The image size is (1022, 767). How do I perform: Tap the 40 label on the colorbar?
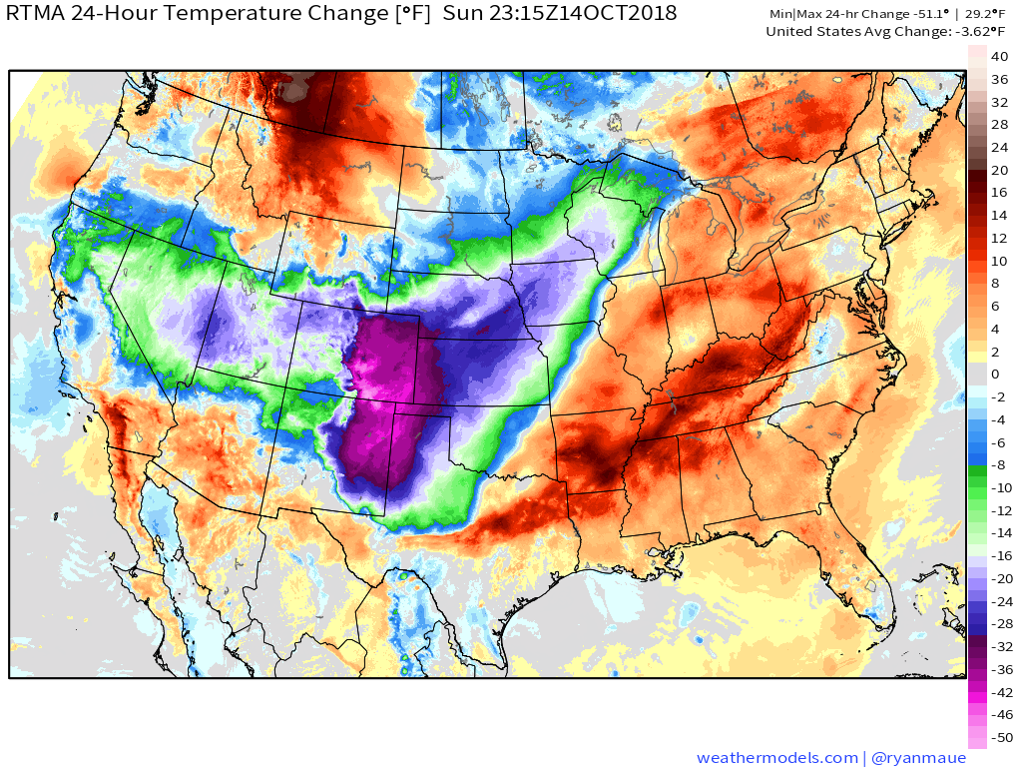click(x=999, y=57)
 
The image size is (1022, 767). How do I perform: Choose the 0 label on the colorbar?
click(x=995, y=374)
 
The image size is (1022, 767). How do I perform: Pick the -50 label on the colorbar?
click(x=1001, y=737)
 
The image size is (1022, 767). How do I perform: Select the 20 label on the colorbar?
click(x=999, y=170)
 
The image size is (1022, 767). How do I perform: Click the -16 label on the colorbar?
click(x=1001, y=555)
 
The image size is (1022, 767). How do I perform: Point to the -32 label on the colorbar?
click(x=1001, y=646)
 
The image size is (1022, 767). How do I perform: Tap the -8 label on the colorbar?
click(x=998, y=464)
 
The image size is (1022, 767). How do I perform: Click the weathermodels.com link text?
click(x=776, y=758)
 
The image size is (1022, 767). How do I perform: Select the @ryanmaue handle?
click(x=918, y=758)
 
